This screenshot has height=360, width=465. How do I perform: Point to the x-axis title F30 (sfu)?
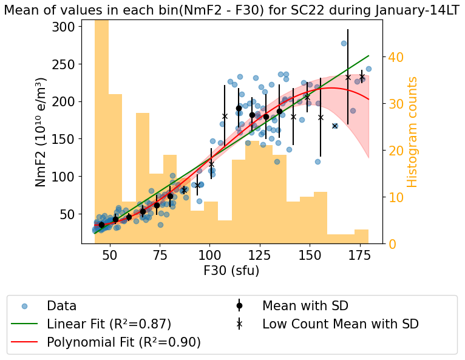tap(232, 271)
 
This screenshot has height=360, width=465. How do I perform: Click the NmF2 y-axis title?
tap(41, 132)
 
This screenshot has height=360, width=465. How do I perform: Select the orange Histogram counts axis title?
tap(413, 132)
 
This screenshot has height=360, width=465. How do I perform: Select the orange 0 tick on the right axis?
tap(392, 244)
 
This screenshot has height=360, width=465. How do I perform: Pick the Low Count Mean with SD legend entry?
tap(340, 324)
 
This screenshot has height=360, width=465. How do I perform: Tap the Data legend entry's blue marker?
tap(24, 306)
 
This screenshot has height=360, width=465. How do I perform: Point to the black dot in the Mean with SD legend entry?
tap(239, 306)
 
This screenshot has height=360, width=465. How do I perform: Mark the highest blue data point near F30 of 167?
tap(344, 43)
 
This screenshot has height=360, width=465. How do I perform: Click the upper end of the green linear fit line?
tap(368, 56)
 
